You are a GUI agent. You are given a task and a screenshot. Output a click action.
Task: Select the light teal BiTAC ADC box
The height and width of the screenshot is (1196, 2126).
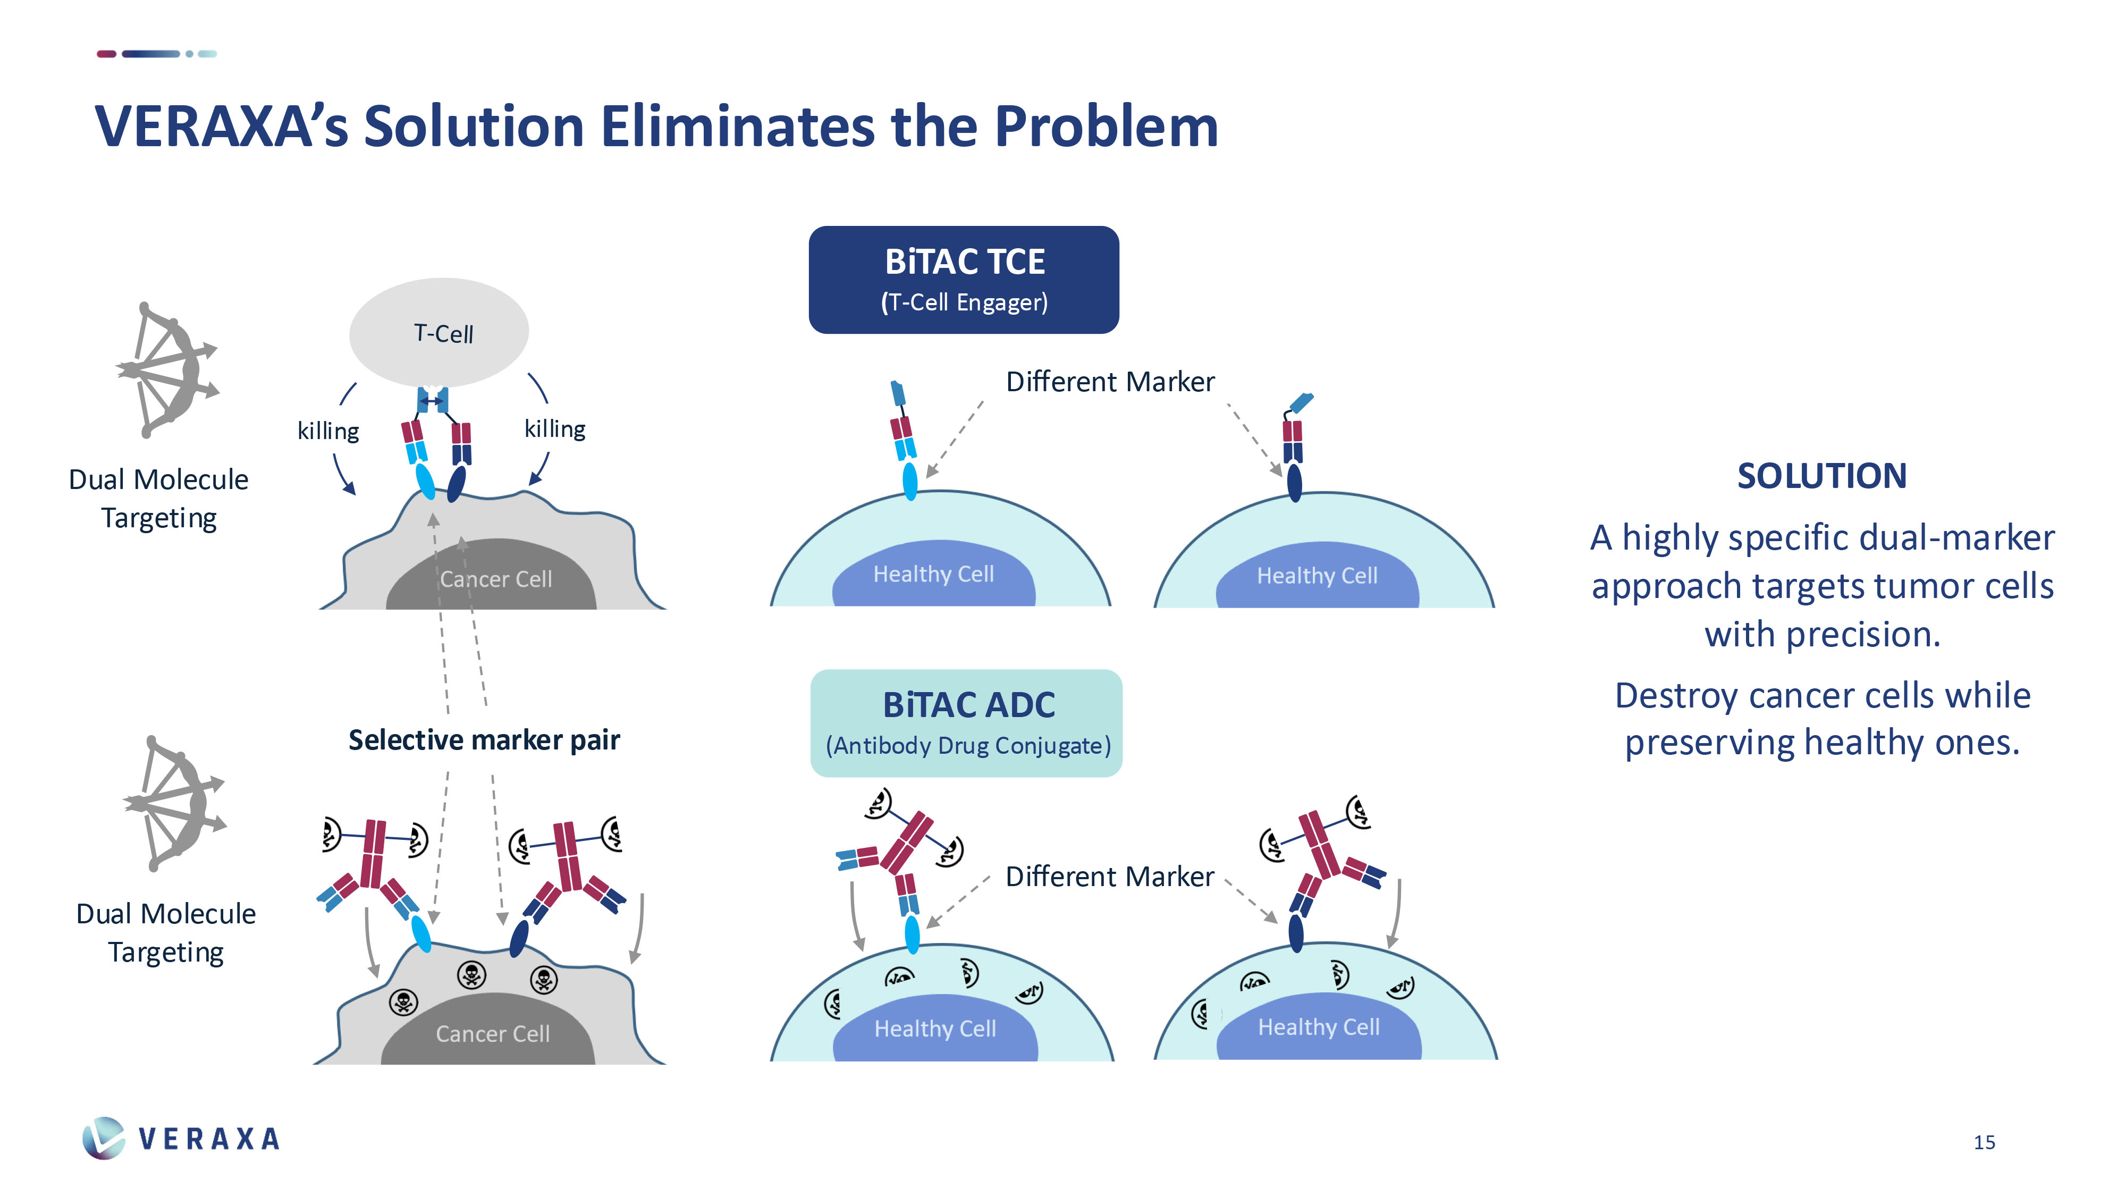pyautogui.click(x=966, y=722)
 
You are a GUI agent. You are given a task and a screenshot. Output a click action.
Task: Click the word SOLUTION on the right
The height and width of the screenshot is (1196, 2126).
pyautogui.click(x=1821, y=476)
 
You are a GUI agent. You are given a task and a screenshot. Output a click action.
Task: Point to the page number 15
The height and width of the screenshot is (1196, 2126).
pyautogui.click(x=1984, y=1142)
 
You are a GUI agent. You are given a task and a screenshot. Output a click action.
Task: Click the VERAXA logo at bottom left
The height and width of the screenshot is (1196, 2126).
pyautogui.click(x=182, y=1138)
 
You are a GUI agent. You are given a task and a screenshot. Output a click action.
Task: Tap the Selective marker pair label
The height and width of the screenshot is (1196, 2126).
pyautogui.click(x=484, y=739)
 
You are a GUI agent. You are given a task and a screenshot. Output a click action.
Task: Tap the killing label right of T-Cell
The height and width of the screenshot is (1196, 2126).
pyautogui.click(x=554, y=429)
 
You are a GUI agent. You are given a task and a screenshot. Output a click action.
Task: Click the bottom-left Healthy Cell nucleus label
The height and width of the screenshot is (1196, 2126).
pyautogui.click(x=935, y=1029)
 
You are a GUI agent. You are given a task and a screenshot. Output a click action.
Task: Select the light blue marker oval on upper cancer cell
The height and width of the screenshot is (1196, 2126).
pyautogui.click(x=425, y=481)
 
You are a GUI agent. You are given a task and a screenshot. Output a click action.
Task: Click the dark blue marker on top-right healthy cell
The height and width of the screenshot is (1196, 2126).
pyautogui.click(x=1294, y=483)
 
